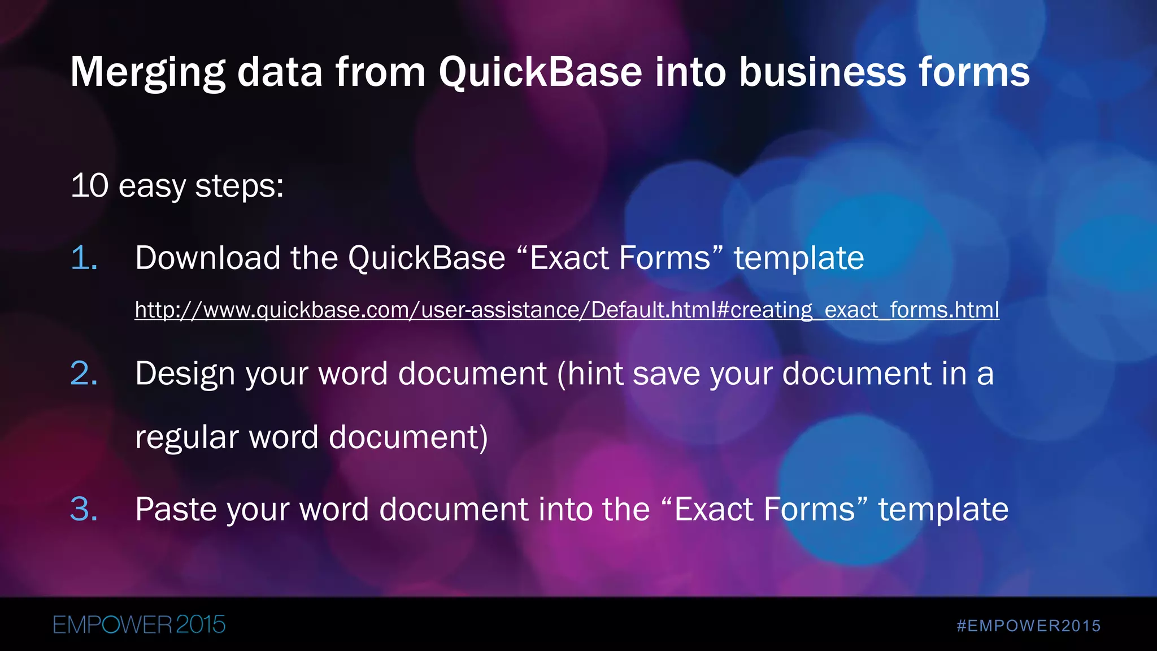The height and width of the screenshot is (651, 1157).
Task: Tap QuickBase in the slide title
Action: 541,72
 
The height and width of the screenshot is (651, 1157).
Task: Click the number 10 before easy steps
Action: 89,185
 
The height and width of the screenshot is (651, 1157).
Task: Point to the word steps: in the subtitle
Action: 239,186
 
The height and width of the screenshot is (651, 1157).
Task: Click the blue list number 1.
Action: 84,258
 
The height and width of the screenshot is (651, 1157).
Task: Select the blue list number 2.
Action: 84,374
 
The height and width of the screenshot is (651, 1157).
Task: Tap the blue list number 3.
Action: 84,509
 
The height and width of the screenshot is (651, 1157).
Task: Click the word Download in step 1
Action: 208,258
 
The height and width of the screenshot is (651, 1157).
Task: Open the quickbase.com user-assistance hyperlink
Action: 567,310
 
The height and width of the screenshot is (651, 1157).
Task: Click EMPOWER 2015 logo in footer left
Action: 139,625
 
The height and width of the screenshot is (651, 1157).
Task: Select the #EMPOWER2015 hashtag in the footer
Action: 1028,626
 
